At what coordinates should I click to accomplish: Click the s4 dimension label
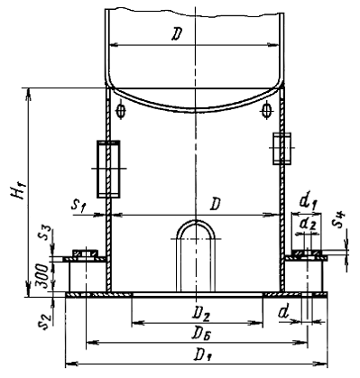(x=339, y=219)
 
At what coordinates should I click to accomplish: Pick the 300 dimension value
(x=44, y=276)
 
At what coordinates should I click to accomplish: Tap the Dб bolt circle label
(x=201, y=333)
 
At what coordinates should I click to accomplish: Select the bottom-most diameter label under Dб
(x=202, y=355)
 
